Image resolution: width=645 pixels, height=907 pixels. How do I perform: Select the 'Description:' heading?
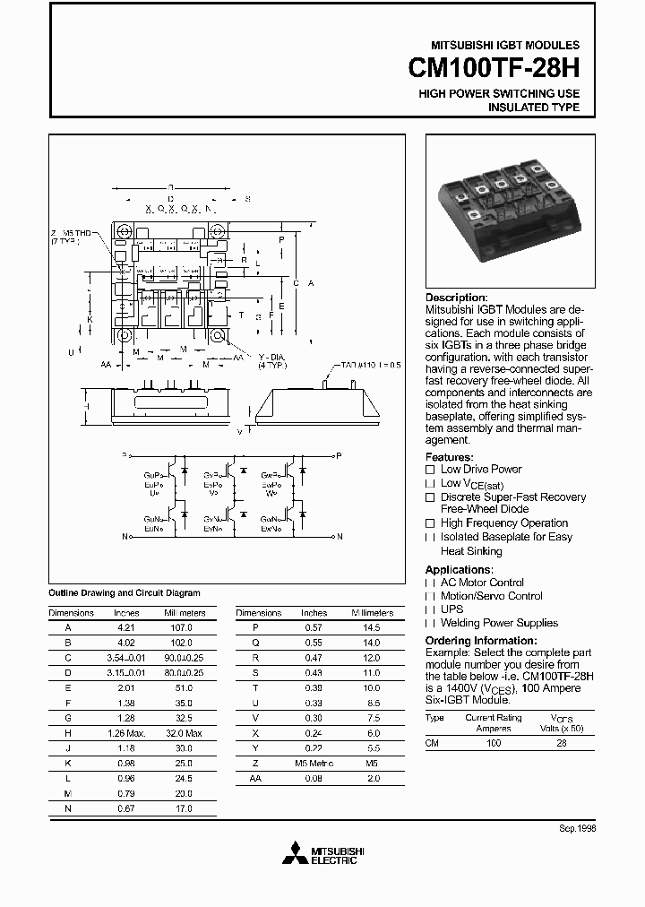456,298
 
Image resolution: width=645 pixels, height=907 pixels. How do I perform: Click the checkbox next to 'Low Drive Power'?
430,470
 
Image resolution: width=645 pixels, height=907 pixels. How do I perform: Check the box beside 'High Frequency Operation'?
430,523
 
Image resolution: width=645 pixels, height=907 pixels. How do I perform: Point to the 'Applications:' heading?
459,569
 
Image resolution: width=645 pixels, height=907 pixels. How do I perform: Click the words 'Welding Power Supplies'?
499,623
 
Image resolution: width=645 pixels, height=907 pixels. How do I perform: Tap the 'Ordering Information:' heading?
479,641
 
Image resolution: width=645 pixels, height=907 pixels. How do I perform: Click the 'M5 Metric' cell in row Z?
314,764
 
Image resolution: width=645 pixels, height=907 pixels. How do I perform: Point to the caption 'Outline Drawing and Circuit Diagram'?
124,593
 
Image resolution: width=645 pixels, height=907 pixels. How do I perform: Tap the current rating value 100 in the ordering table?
493,744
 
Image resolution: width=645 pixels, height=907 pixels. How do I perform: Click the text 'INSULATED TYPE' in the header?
533,108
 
